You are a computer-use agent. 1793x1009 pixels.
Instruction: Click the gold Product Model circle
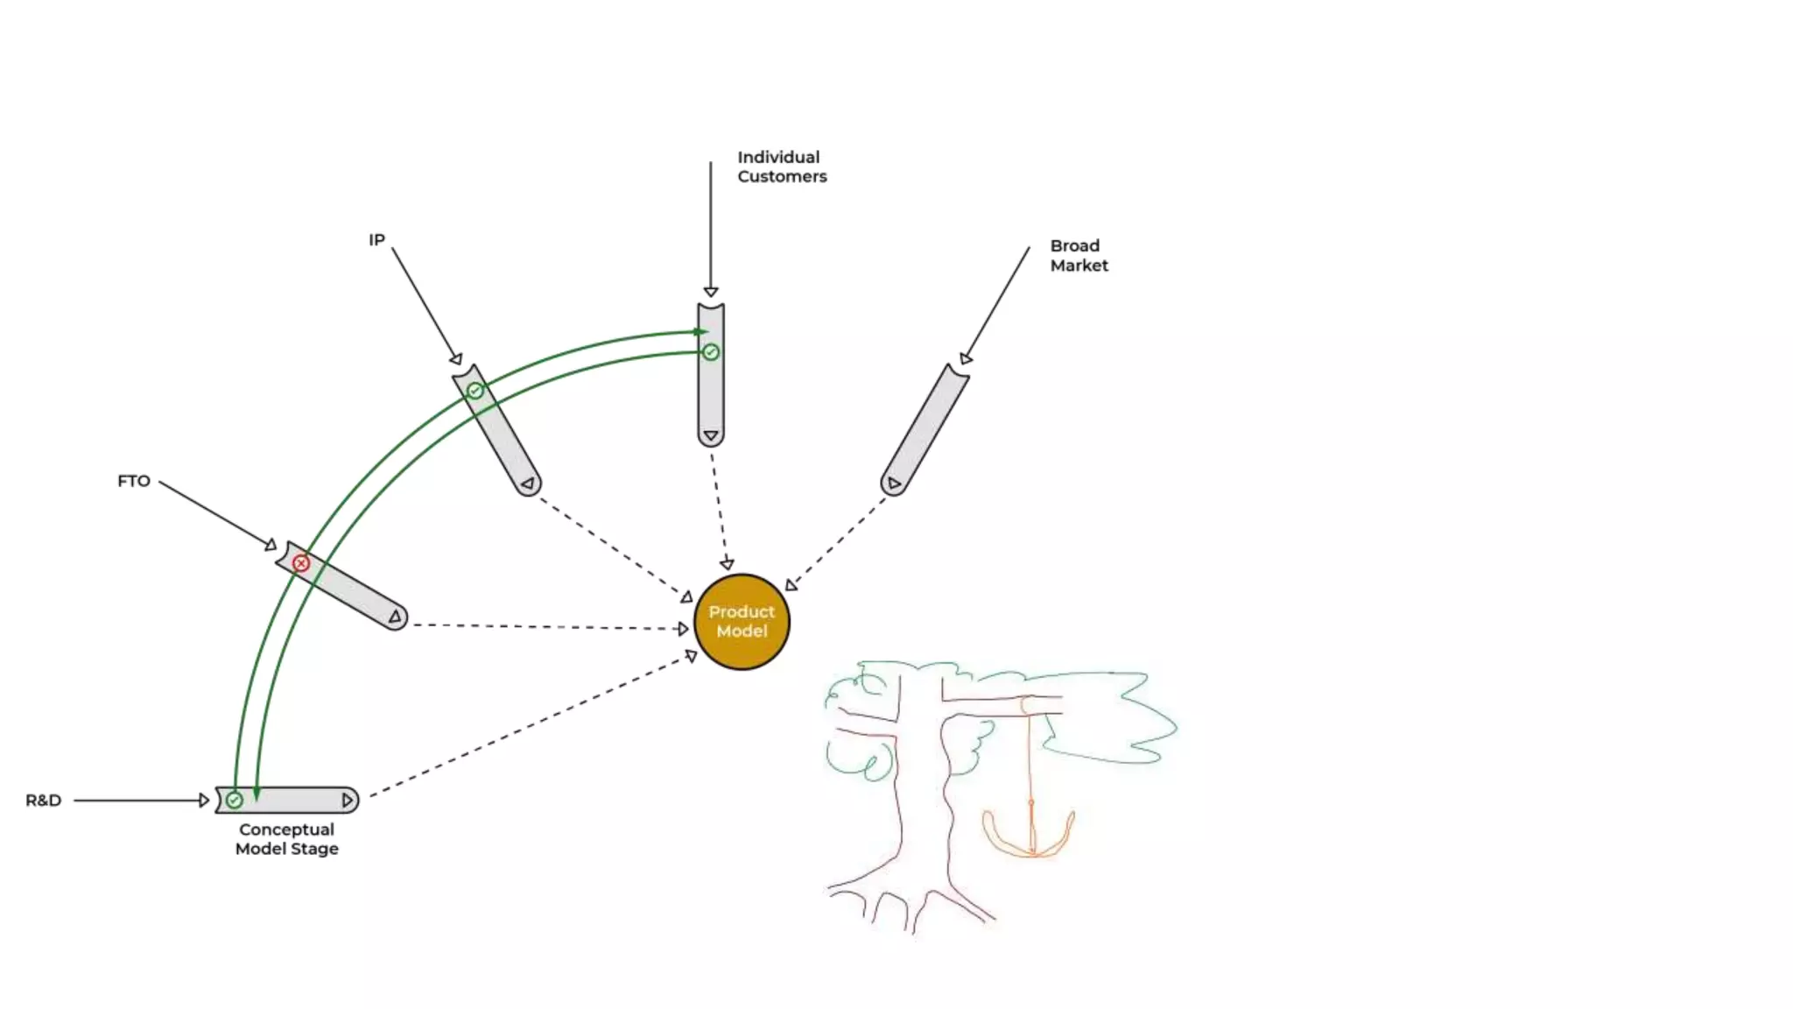click(742, 622)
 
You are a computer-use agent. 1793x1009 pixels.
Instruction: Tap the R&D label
click(43, 801)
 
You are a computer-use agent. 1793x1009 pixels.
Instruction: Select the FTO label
click(134, 481)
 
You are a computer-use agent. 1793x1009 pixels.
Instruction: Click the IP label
click(376, 240)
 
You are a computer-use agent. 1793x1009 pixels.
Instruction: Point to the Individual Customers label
click(781, 166)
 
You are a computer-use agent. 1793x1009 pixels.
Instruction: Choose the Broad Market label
click(1079, 256)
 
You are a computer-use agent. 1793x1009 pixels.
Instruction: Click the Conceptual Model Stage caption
click(286, 839)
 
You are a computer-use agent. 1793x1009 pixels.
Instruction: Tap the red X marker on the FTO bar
click(301, 563)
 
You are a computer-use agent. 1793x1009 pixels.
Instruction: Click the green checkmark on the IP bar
click(475, 391)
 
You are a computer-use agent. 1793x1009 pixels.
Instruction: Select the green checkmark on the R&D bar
click(235, 801)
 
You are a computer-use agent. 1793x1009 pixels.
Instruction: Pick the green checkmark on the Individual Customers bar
click(711, 352)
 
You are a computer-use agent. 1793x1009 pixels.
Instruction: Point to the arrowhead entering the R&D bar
click(204, 801)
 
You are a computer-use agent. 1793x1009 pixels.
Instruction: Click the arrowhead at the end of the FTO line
click(271, 545)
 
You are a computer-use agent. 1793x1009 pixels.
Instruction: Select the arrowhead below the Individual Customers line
click(711, 292)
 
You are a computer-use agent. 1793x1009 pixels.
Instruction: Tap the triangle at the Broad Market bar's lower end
click(894, 483)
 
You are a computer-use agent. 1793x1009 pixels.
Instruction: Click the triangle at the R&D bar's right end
click(348, 801)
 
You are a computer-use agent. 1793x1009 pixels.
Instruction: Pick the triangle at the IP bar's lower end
click(527, 483)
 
